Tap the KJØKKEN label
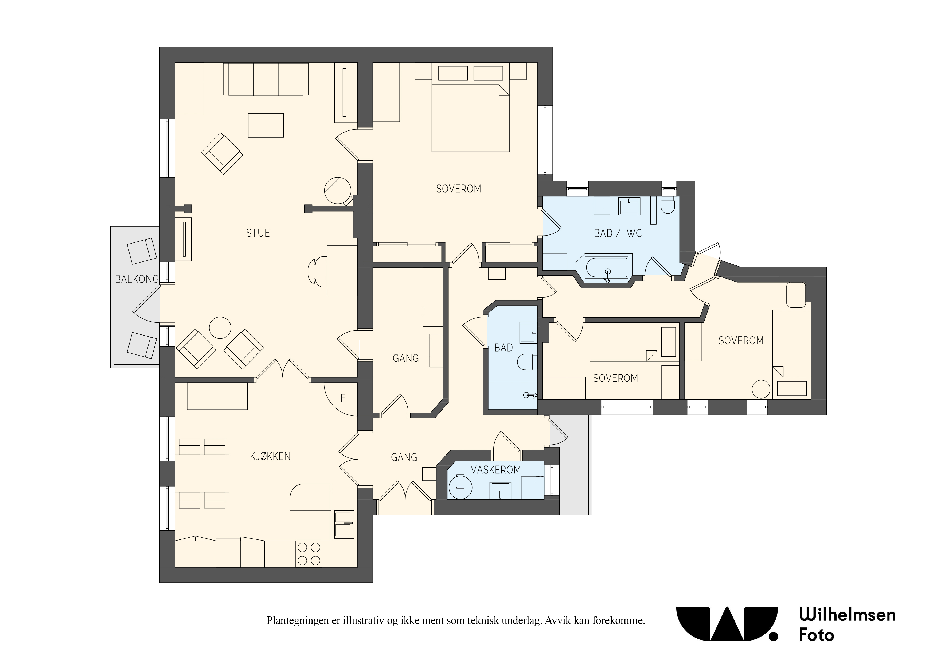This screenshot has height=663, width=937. tap(270, 456)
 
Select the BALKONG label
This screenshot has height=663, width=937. tap(137, 279)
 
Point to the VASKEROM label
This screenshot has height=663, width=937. tap(496, 470)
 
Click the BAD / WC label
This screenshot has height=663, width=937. tap(618, 233)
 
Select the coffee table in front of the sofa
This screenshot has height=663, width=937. tap(266, 125)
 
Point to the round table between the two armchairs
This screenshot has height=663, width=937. tap(220, 327)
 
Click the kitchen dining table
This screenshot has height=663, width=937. tap(202, 473)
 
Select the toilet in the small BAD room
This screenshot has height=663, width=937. tap(527, 361)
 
